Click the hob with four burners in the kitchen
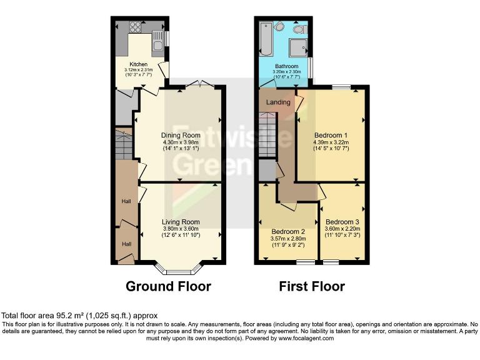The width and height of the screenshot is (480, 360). point(134,27)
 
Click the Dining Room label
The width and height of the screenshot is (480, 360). point(180,135)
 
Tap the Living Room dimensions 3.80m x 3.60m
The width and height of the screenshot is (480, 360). point(181,229)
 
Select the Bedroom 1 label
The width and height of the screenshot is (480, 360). point(331,135)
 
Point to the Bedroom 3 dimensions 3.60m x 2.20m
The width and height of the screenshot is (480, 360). point(342,229)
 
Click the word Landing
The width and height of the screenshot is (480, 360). point(278,102)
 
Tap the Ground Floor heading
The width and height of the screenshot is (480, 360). point(168,286)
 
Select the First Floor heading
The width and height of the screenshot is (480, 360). point(312,286)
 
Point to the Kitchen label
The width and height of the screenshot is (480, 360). point(138,64)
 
